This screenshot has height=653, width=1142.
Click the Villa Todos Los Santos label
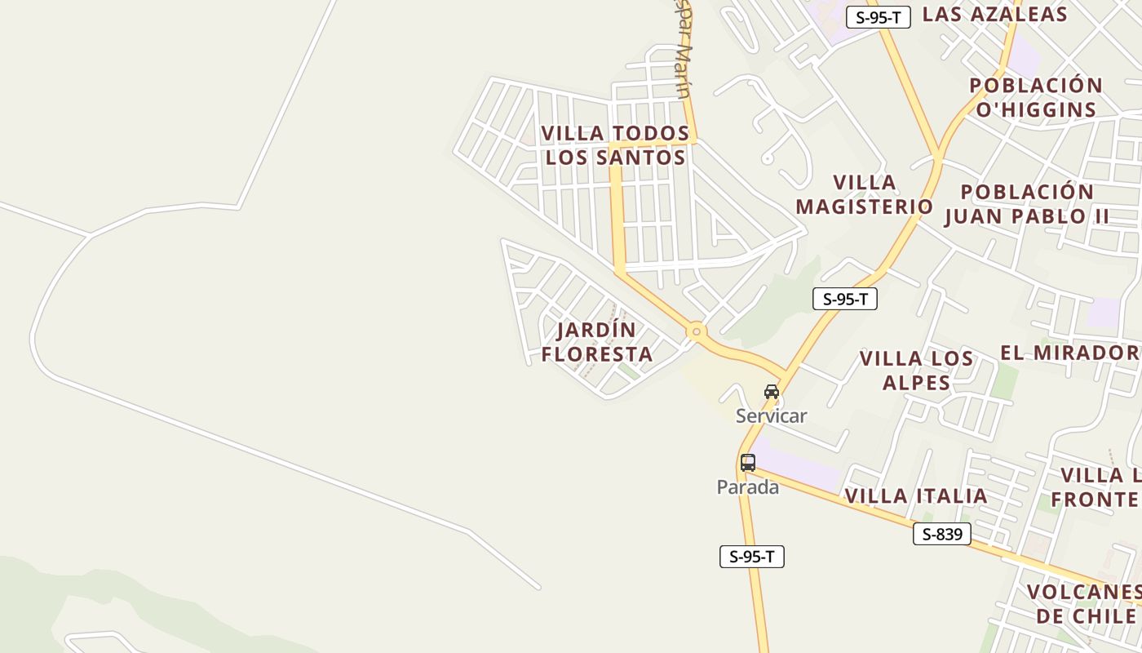click(616, 144)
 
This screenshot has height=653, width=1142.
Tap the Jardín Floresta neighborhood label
click(596, 342)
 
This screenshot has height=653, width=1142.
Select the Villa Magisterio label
click(864, 194)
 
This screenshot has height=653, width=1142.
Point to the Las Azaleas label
click(994, 14)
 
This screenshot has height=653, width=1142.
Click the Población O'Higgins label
click(1036, 97)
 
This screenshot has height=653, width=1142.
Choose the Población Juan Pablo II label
click(1027, 204)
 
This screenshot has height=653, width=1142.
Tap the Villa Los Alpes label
click(916, 370)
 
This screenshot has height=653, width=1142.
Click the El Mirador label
click(1069, 353)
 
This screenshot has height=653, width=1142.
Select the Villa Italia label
click(916, 495)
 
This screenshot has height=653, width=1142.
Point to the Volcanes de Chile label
click(1084, 603)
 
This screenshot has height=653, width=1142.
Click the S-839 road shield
click(942, 535)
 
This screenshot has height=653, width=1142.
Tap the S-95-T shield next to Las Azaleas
click(878, 17)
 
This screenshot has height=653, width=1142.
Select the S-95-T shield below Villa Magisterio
click(845, 299)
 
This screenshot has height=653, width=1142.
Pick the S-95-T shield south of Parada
click(751, 557)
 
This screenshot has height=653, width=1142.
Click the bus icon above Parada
click(748, 463)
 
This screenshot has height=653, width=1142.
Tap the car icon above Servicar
click(772, 392)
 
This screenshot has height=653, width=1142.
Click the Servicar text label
click(771, 416)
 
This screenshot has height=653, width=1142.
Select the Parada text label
click(747, 487)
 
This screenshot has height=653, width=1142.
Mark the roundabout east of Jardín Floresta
click(696, 331)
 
